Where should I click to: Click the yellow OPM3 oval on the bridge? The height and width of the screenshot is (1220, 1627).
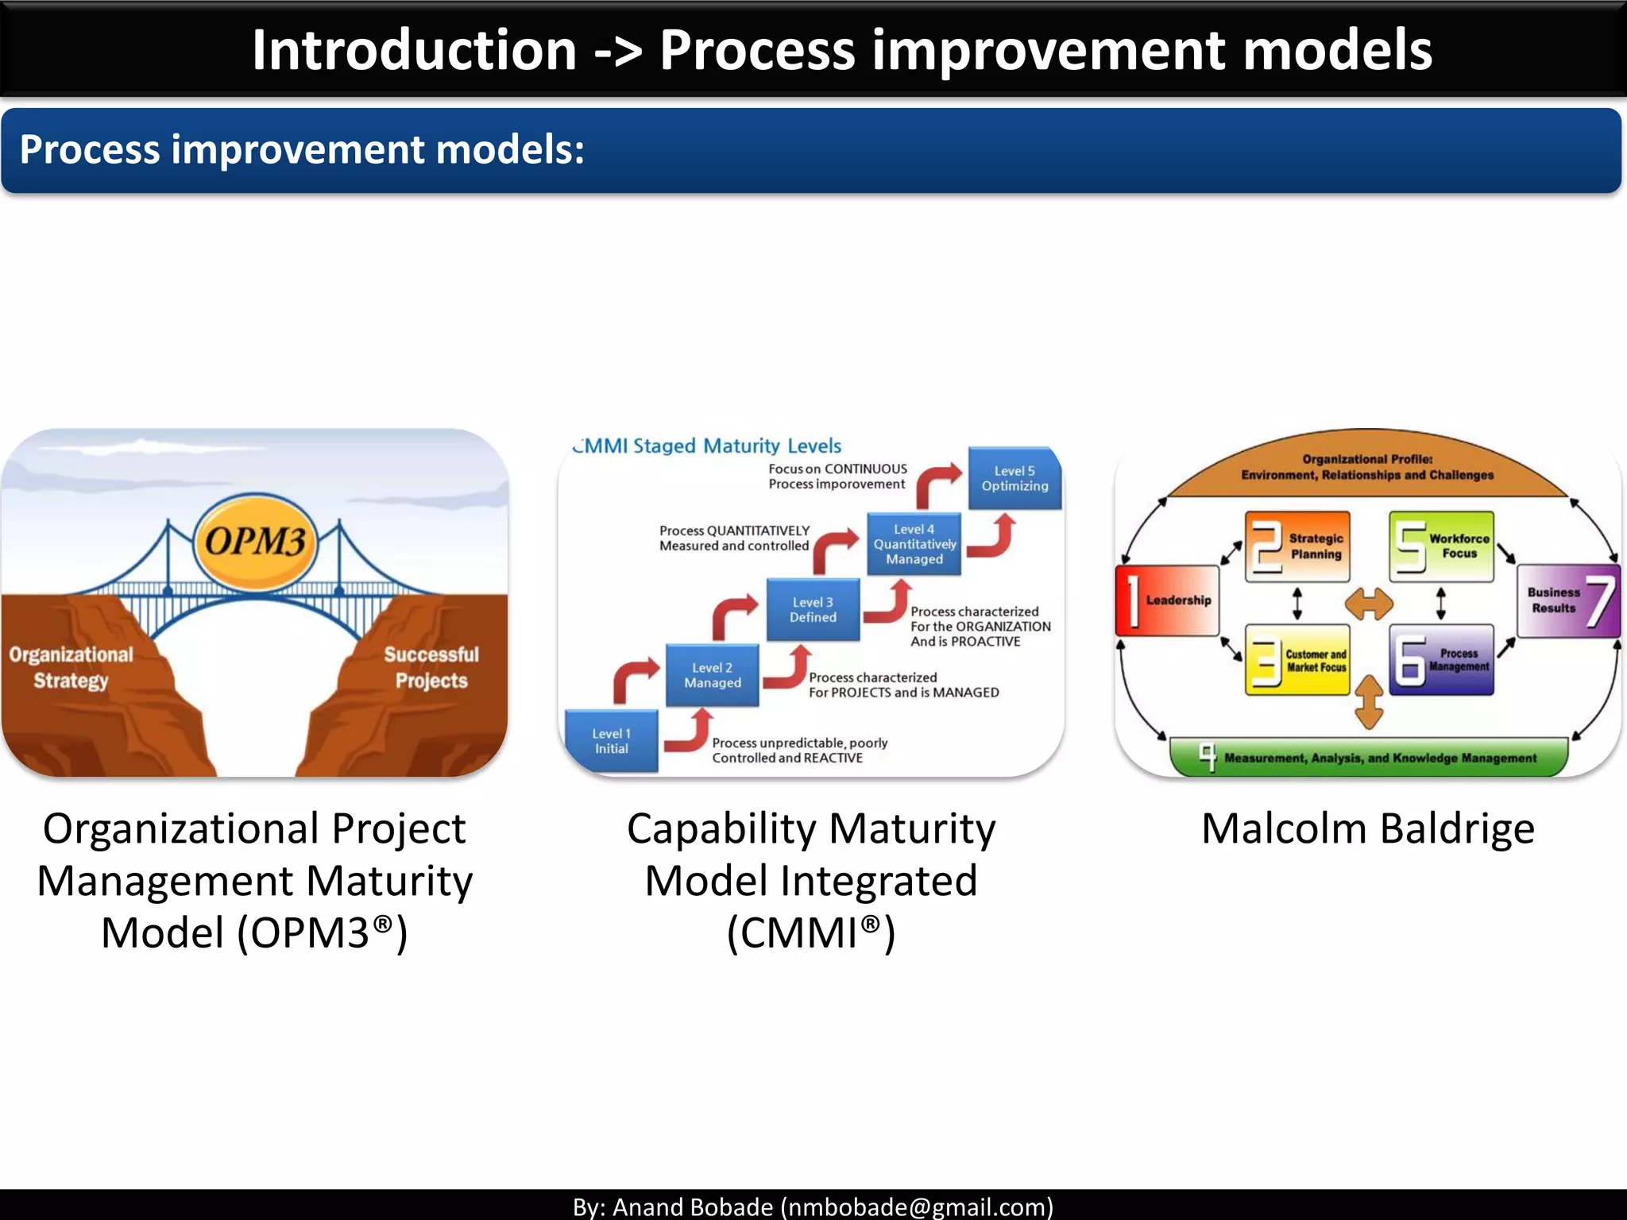[x=254, y=542]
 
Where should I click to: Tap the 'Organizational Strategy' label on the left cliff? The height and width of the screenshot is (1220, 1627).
[x=71, y=667]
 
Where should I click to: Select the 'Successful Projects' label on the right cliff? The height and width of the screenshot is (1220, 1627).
[x=431, y=667]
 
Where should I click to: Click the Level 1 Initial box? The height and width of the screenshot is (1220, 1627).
[x=611, y=741]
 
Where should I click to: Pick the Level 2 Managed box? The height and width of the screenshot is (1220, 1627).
[x=713, y=675]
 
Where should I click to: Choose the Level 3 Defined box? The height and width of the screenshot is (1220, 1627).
[x=813, y=609]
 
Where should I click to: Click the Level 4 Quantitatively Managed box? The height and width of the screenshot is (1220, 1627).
[x=914, y=544]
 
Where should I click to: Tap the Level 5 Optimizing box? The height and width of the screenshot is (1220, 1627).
[x=1014, y=478]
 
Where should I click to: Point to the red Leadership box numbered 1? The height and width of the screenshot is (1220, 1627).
[x=1167, y=600]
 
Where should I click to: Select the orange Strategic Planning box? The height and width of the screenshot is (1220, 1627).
[x=1297, y=546]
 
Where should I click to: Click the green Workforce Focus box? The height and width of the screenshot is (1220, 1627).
[x=1441, y=546]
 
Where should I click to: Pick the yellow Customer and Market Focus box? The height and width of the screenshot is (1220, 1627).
[x=1297, y=660]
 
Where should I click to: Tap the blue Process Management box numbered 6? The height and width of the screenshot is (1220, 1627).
[x=1441, y=660]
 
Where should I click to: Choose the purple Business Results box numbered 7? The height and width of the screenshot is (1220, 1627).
[x=1568, y=600]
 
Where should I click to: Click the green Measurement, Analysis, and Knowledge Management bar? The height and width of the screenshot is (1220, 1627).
[x=1369, y=758]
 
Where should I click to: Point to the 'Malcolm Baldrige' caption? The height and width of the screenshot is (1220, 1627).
[x=1368, y=828]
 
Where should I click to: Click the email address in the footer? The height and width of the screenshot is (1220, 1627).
[x=916, y=1206]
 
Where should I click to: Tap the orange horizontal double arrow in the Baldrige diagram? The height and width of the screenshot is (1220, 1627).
[x=1369, y=604]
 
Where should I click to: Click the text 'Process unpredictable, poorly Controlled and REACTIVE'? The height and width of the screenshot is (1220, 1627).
[x=798, y=750]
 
